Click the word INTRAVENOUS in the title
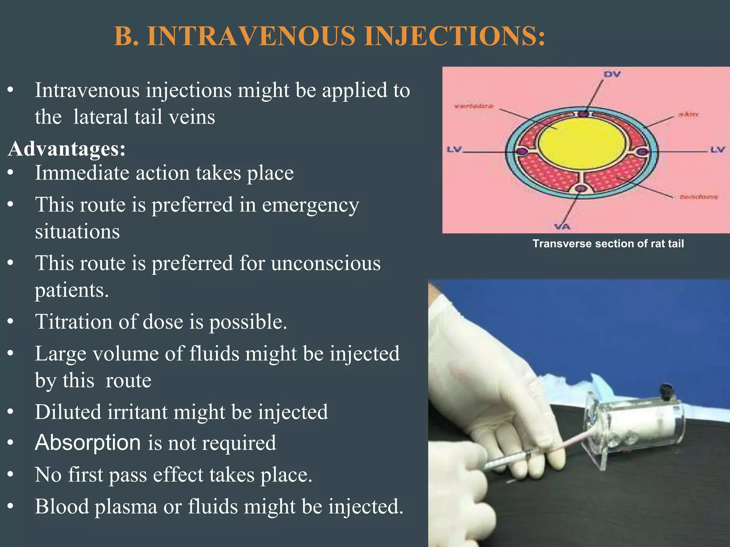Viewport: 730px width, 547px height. point(251,36)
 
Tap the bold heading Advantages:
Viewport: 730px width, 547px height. point(67,149)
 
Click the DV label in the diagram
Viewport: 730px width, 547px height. point(612,74)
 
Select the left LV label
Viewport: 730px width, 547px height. point(454,150)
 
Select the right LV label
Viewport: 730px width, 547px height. point(717,150)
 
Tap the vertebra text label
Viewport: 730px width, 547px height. point(474,106)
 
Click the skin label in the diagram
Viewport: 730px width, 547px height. point(688,114)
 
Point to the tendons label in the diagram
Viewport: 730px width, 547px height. point(698,197)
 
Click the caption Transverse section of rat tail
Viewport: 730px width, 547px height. point(608,244)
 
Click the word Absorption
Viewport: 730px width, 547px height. point(88,443)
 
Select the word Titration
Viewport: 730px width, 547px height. point(73,322)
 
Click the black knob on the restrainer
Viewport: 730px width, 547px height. point(666,391)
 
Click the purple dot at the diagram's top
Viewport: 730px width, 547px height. point(583,114)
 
